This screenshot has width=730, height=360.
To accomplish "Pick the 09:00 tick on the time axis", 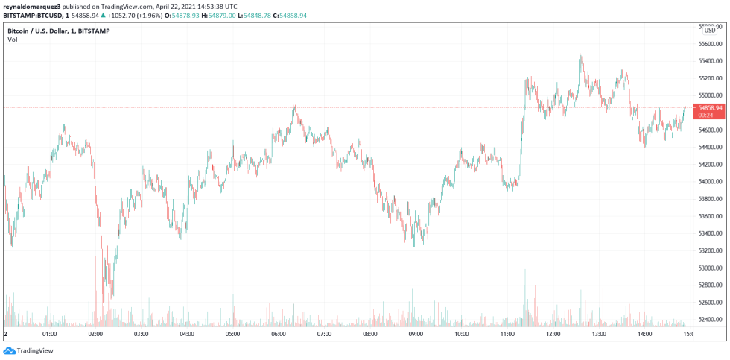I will (416, 334).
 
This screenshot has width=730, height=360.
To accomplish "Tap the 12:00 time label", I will (553, 334).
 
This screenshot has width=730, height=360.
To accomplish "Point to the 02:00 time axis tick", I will (95, 334).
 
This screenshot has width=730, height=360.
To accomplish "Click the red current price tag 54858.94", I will (708, 107).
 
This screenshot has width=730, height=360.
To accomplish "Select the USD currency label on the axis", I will (709, 31).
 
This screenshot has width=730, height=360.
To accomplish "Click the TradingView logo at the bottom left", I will (23, 350).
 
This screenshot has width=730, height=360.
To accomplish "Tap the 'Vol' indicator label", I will (12, 40).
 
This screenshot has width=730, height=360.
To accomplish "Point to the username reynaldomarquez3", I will (31, 6).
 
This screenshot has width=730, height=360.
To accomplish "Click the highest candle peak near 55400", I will (580, 54).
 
